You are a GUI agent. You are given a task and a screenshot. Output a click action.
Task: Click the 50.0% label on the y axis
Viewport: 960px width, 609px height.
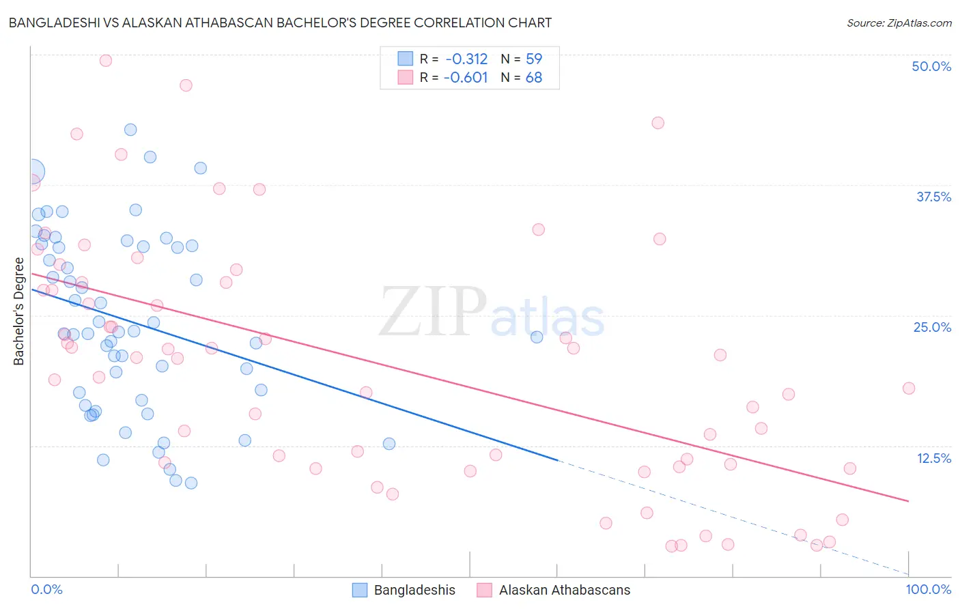(x=931, y=66)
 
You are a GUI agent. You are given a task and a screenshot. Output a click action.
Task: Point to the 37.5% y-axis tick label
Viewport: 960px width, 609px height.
(x=933, y=197)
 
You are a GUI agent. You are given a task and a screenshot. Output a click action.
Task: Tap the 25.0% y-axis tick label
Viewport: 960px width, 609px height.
(x=932, y=327)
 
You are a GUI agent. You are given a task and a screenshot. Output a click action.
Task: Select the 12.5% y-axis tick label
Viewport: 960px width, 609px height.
(x=933, y=458)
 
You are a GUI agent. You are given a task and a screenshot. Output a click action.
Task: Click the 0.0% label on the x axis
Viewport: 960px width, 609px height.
(x=46, y=589)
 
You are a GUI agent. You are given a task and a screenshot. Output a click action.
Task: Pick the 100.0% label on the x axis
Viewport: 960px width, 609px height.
(x=928, y=589)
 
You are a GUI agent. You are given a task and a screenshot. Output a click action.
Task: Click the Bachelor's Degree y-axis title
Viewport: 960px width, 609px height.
(x=18, y=311)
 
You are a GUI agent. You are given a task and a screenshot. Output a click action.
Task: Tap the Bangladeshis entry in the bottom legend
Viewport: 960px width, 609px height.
(x=414, y=590)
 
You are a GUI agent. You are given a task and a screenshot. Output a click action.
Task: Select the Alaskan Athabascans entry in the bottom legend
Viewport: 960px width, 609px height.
(x=564, y=590)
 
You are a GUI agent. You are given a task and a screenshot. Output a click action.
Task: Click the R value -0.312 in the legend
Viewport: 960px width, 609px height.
(x=466, y=59)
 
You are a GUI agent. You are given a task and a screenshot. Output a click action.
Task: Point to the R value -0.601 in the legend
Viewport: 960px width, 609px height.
(x=466, y=78)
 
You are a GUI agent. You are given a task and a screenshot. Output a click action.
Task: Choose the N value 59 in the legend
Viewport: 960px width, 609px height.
(x=534, y=59)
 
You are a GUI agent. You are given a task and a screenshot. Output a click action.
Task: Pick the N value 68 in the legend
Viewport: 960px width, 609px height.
(x=534, y=78)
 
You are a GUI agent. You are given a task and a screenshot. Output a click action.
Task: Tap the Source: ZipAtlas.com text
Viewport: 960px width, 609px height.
(x=899, y=23)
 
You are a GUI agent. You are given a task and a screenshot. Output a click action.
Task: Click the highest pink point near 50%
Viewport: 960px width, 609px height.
(x=106, y=60)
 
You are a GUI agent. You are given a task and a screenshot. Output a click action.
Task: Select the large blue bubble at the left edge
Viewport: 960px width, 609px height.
(x=32, y=171)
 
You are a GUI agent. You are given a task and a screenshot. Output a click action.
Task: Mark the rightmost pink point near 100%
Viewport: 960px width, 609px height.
(x=909, y=388)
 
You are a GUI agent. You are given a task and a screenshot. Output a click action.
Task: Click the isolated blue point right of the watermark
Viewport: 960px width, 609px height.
(x=537, y=337)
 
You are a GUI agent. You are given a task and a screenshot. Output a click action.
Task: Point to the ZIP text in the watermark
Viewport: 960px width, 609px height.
(x=432, y=313)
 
